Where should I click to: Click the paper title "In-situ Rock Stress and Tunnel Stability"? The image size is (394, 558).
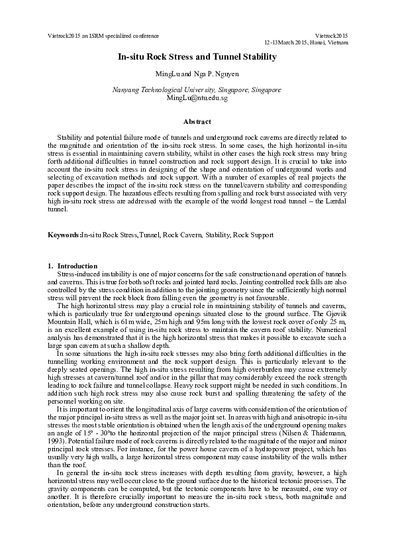point(197,58)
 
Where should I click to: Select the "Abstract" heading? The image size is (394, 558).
point(197,121)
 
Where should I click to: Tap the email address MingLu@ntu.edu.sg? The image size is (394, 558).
point(197,98)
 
